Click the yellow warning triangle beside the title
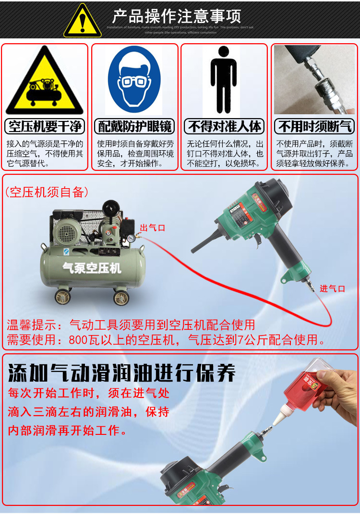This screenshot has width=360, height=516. click(82, 22)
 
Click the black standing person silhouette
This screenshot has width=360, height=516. click(224, 80)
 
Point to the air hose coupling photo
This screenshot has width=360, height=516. click(314, 80)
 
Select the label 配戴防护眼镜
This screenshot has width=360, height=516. click(134, 127)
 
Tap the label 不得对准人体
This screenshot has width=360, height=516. click(224, 127)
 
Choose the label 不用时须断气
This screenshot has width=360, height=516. click(314, 127)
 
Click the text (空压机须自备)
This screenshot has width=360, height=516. click(47, 192)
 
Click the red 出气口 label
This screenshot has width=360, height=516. click(153, 228)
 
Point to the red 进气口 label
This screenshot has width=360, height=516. click(332, 288)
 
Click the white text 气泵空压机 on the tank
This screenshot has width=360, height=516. click(92, 268)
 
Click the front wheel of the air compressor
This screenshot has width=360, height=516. click(120, 298)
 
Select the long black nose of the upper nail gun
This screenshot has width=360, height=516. click(206, 243)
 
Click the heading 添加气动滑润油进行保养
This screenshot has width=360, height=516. click(122, 372)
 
